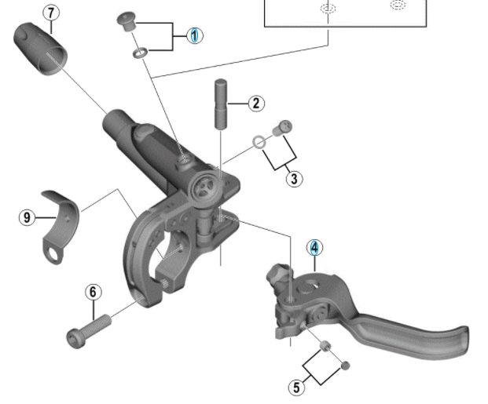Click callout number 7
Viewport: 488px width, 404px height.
(52, 13)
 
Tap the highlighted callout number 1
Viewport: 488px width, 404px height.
(195, 35)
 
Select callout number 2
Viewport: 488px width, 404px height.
(256, 103)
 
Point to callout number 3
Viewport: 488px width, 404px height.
(294, 178)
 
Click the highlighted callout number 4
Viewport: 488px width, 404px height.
(314, 248)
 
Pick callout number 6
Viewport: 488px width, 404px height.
(94, 292)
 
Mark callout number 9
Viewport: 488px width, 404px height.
(28, 217)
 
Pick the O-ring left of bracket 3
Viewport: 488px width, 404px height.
(257, 143)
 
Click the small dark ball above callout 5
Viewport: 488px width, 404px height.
(345, 365)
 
